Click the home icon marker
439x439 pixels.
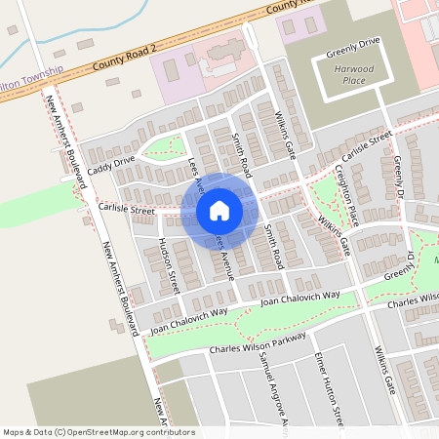pyautogui.click(x=219, y=210)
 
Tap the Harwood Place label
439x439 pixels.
pyautogui.click(x=352, y=76)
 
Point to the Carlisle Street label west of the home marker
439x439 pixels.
pyautogui.click(x=126, y=209)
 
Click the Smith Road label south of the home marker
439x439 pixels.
pyautogui.click(x=271, y=245)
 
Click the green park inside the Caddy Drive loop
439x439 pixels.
pyautogui.click(x=162, y=148)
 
